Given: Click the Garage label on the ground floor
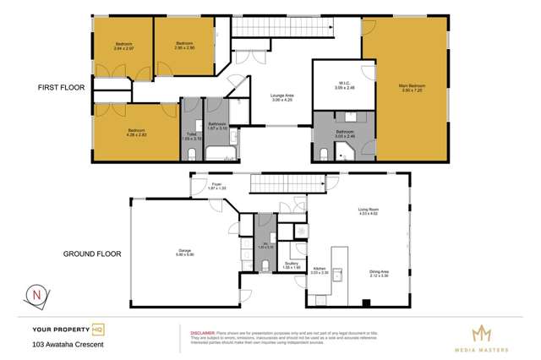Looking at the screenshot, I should pyautogui.click(x=183, y=251).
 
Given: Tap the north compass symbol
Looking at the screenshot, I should pyautogui.click(x=36, y=295).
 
